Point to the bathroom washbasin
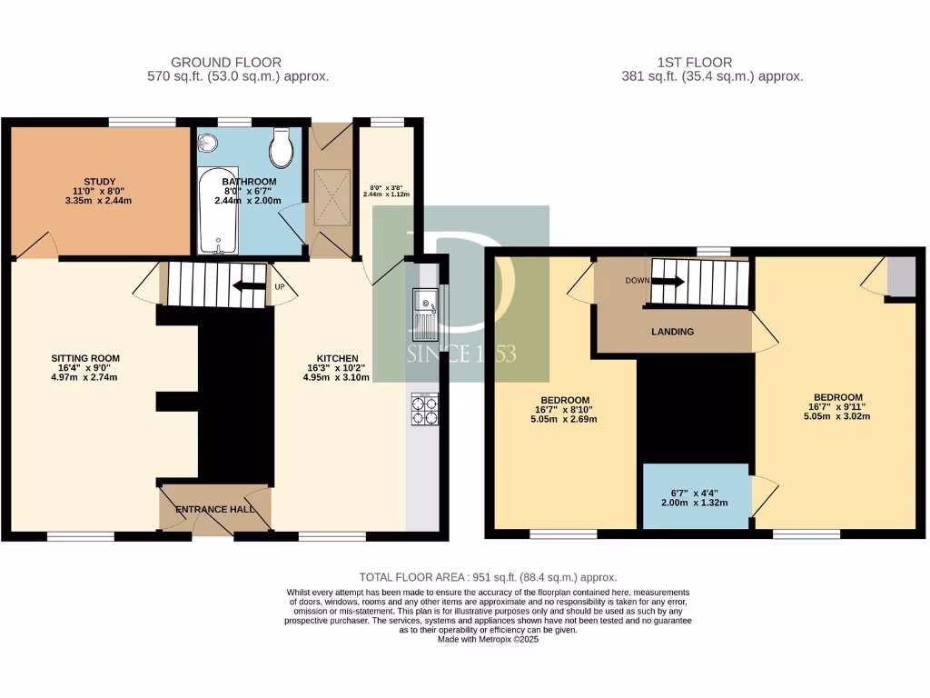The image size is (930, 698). click(208, 142)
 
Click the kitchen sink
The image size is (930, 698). click(423, 312)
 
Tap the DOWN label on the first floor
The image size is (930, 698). click(638, 281)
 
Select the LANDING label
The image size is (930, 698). click(673, 332)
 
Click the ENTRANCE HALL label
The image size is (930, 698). click(214, 510)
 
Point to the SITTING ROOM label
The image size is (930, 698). click(85, 358)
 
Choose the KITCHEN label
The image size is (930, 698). click(336, 358)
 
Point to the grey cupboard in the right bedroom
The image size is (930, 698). click(901, 277)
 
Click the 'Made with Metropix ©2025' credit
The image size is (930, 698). click(489, 640)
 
